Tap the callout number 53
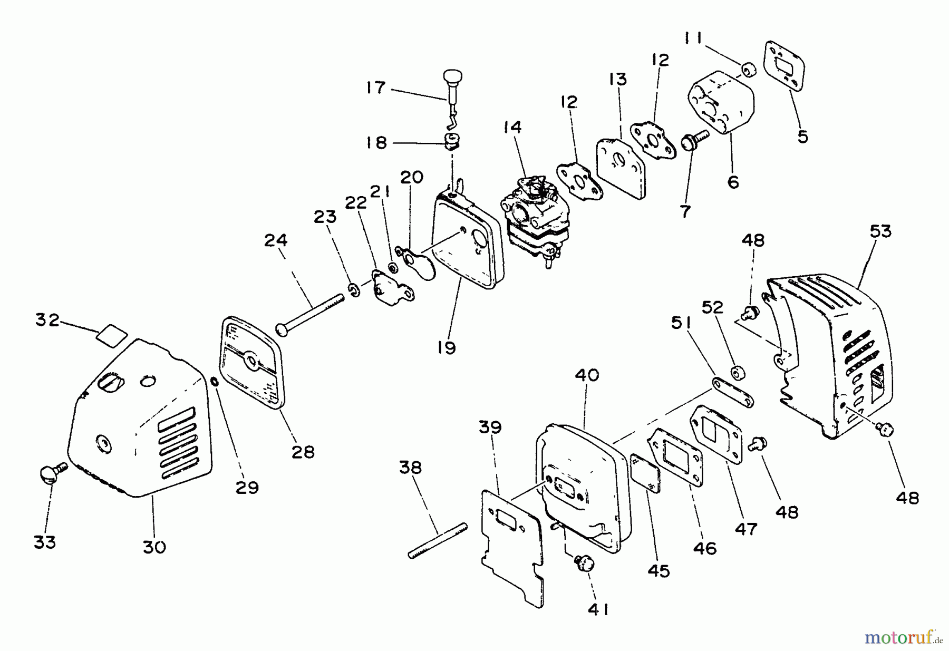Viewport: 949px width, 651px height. (880, 231)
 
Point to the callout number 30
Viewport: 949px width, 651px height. (154, 547)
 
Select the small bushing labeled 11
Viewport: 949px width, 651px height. (747, 70)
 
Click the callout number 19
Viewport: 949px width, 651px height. (446, 348)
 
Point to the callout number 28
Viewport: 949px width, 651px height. (303, 452)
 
